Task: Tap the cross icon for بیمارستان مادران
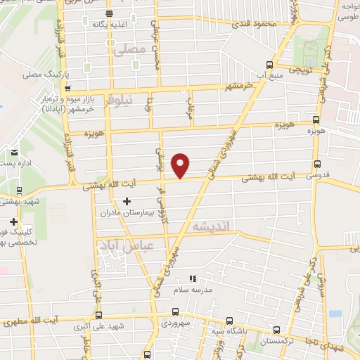tap(127, 202)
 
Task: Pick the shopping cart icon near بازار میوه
tap(67, 89)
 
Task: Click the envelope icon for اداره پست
tap(14, 152)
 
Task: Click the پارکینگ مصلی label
tap(43, 74)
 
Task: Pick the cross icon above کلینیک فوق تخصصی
tap(14, 221)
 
